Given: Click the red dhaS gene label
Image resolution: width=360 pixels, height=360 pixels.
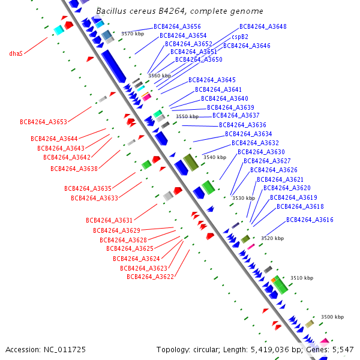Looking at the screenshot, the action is click(16, 53).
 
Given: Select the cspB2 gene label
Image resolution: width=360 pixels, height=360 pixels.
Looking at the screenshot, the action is click(240, 37).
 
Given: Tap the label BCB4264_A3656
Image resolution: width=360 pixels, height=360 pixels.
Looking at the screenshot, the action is click(177, 26).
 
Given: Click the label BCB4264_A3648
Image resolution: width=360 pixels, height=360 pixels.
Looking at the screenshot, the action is click(263, 26).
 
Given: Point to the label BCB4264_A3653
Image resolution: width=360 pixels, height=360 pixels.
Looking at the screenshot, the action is click(43, 122).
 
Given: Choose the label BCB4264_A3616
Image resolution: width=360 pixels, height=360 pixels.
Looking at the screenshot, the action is click(310, 220).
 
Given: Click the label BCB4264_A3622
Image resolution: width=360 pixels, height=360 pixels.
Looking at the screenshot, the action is click(150, 277).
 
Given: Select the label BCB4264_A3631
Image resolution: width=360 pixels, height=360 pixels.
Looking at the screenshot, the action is click(109, 220).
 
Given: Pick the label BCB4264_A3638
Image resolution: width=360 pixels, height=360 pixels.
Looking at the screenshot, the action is click(74, 169).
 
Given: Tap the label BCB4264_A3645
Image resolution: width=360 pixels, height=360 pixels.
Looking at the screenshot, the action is click(212, 80).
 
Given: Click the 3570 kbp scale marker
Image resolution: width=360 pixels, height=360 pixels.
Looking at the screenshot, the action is click(133, 34).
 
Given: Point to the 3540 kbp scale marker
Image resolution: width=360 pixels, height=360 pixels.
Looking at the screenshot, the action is click(215, 157).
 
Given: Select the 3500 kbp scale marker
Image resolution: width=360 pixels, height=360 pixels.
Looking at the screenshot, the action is click(332, 317).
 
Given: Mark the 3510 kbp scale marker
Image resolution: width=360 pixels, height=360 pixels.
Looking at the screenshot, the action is click(302, 278).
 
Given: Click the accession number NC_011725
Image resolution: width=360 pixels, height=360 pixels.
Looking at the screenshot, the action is click(65, 350).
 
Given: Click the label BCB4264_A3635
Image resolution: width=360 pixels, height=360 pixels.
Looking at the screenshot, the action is click(88, 188).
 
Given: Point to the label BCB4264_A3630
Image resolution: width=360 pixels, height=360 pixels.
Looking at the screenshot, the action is click(261, 152).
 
